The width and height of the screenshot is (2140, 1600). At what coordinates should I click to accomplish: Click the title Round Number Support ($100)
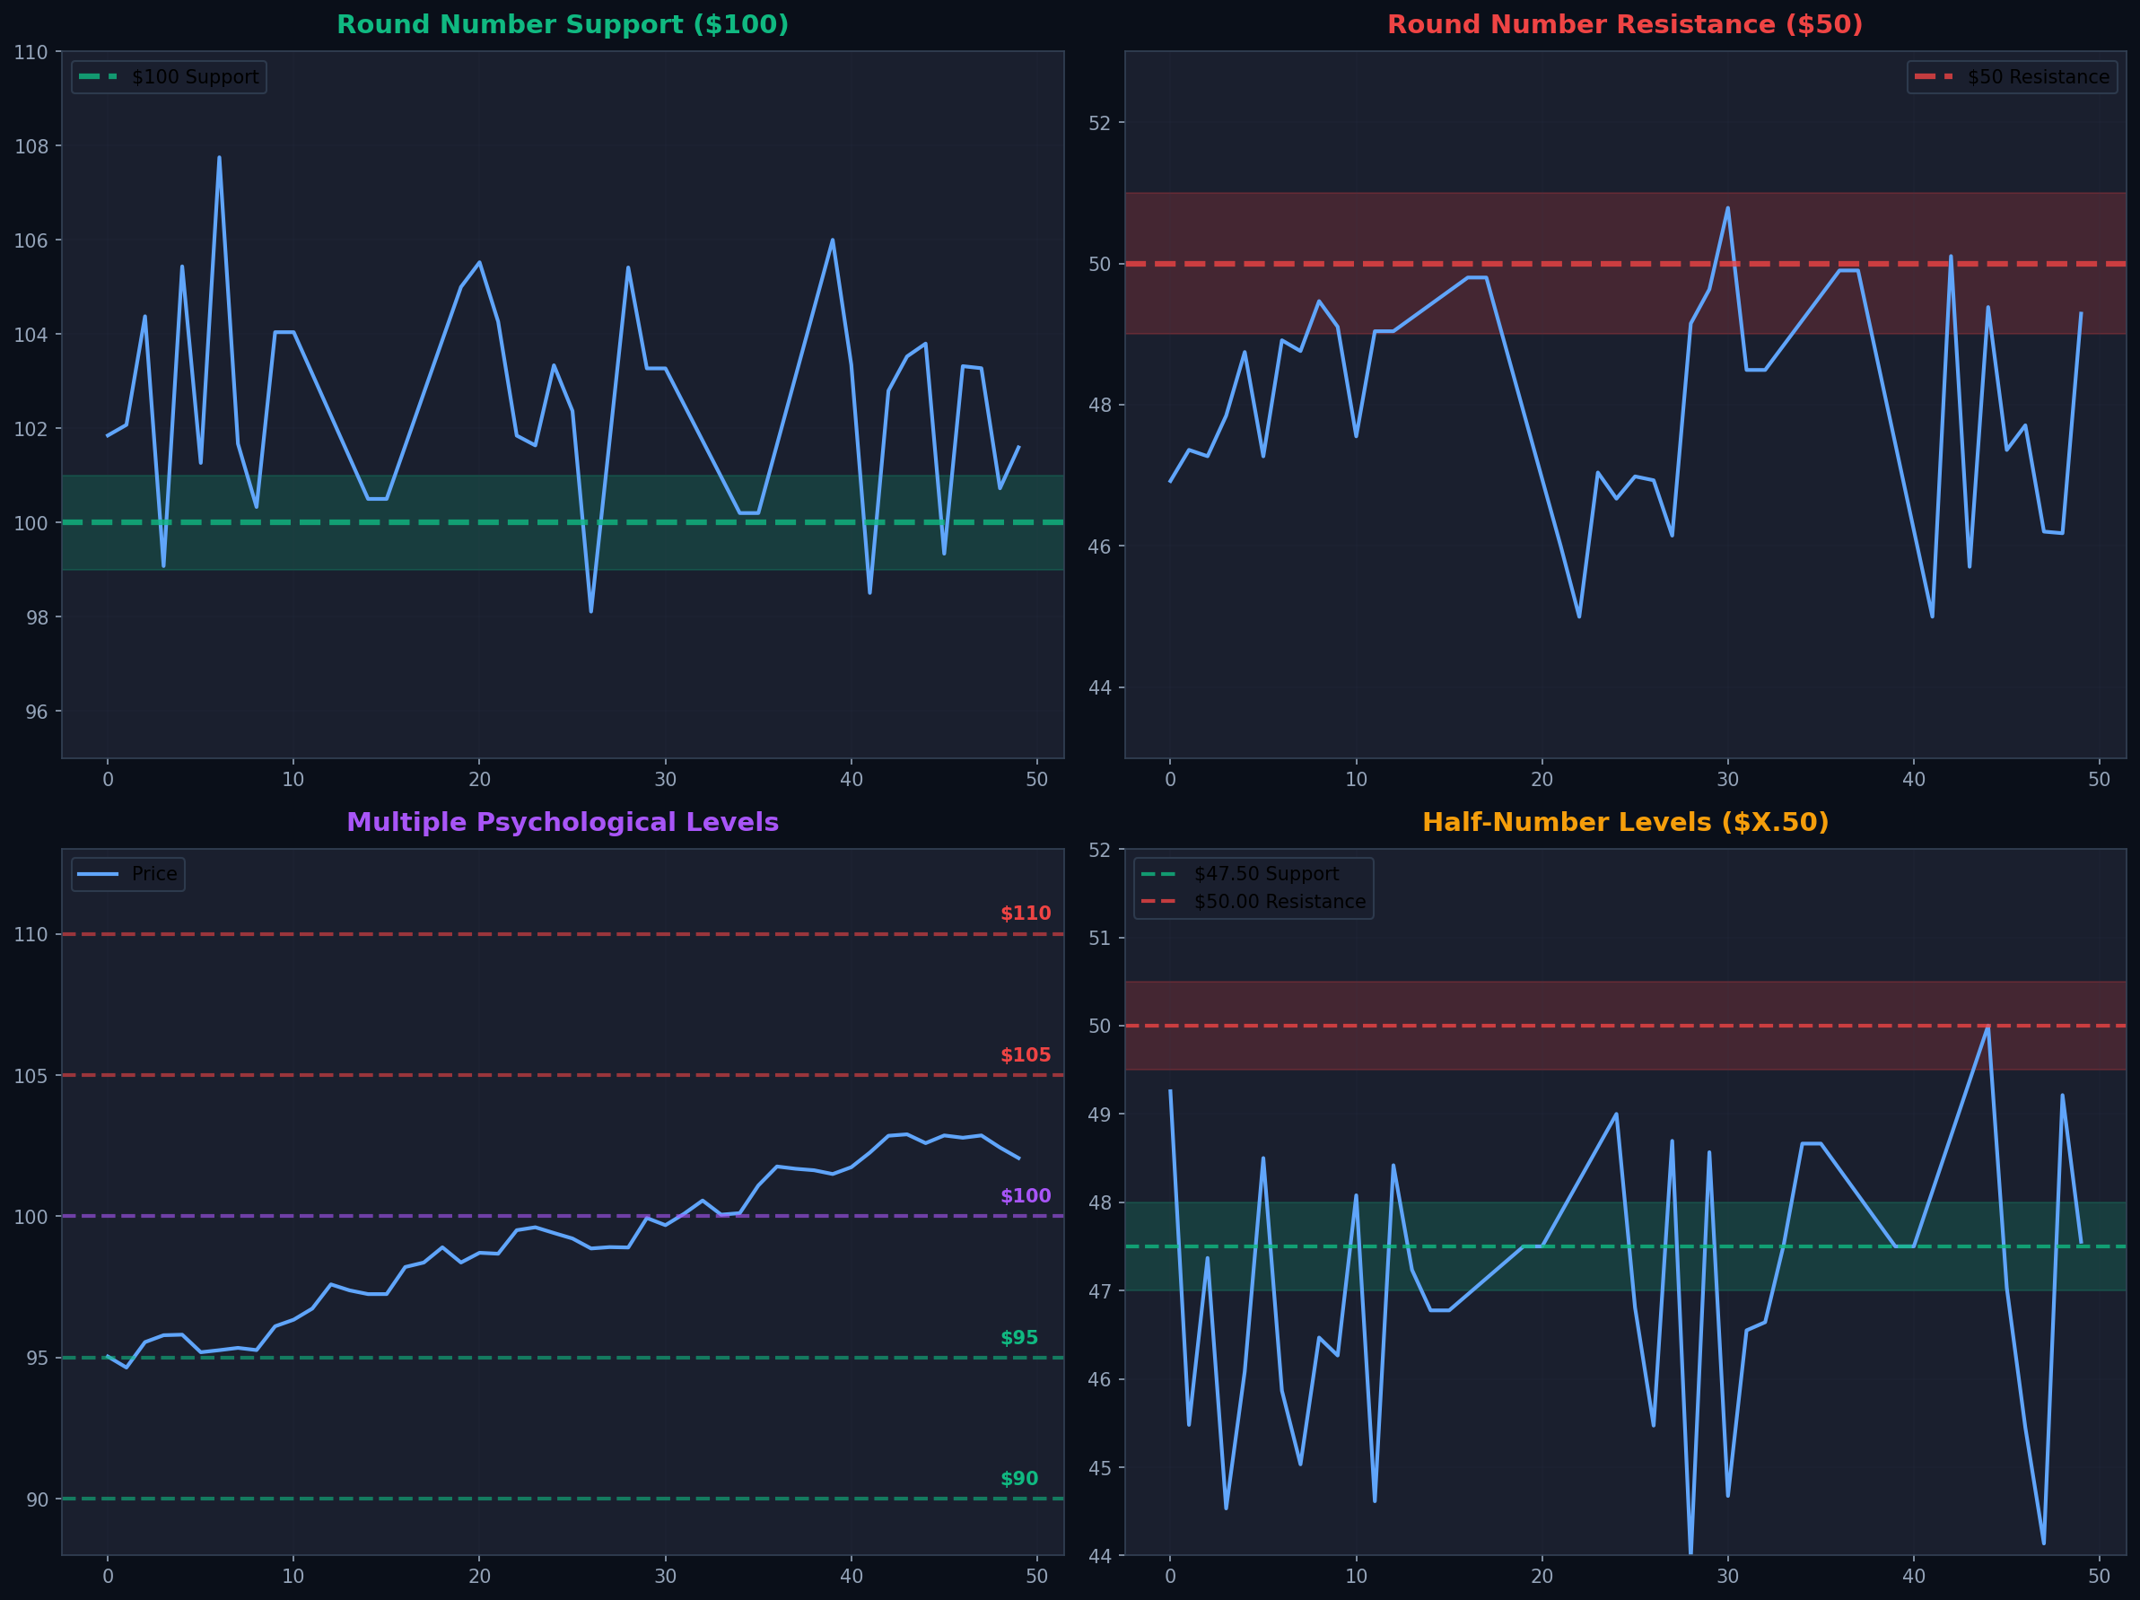tap(562, 25)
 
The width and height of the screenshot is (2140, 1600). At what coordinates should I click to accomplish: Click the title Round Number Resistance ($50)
tap(1624, 25)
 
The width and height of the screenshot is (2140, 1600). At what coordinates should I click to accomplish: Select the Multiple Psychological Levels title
tap(562, 822)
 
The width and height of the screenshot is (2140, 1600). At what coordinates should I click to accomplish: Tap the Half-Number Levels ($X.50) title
tap(1624, 822)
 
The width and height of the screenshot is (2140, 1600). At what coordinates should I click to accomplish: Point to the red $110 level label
tap(1025, 914)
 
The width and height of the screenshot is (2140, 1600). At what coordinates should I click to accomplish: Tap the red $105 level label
tap(1025, 1055)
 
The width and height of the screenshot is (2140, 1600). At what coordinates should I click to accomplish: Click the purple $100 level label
tap(1025, 1196)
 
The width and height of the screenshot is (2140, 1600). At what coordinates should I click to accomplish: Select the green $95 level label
tap(1018, 1338)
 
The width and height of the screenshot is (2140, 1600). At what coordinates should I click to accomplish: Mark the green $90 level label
tap(1018, 1479)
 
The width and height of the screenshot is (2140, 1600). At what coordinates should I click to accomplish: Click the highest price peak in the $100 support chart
tap(219, 158)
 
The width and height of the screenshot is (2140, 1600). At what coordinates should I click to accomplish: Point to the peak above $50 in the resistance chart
tap(1727, 208)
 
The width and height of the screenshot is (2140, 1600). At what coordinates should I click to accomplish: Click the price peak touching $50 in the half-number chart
tap(1987, 1027)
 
